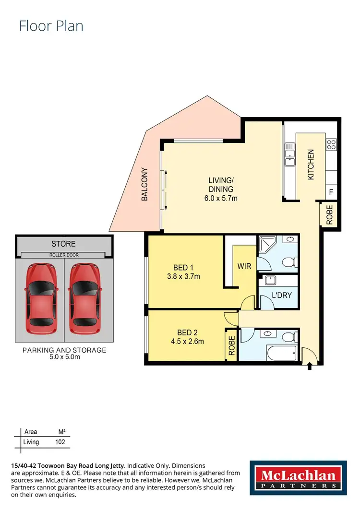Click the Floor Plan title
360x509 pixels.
click(51, 25)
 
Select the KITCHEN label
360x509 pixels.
click(311, 165)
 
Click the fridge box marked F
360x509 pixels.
click(331, 192)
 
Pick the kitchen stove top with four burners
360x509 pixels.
click(331, 143)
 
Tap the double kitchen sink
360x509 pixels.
click(289, 154)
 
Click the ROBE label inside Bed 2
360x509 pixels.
click(231, 344)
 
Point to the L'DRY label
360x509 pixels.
click(281, 296)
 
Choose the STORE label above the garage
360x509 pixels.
click(63, 244)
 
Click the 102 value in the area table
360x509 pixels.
click(60, 442)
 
